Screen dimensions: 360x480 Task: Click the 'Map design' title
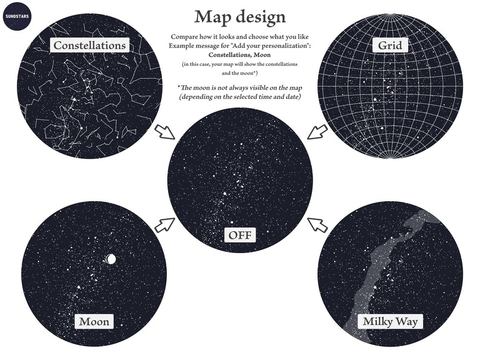pos(240,16)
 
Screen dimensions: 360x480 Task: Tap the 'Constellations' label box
pos(89,45)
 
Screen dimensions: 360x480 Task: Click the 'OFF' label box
pos(240,234)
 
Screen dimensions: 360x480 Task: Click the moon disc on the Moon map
pos(110,259)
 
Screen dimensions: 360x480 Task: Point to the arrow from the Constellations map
pos(164,130)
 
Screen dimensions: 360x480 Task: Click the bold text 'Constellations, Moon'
pos(240,55)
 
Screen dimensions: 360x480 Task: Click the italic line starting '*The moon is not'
pos(240,87)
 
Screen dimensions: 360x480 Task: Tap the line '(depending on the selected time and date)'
pos(240,97)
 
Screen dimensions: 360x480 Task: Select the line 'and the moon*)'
pos(240,72)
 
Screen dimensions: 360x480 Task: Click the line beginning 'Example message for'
pos(240,46)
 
